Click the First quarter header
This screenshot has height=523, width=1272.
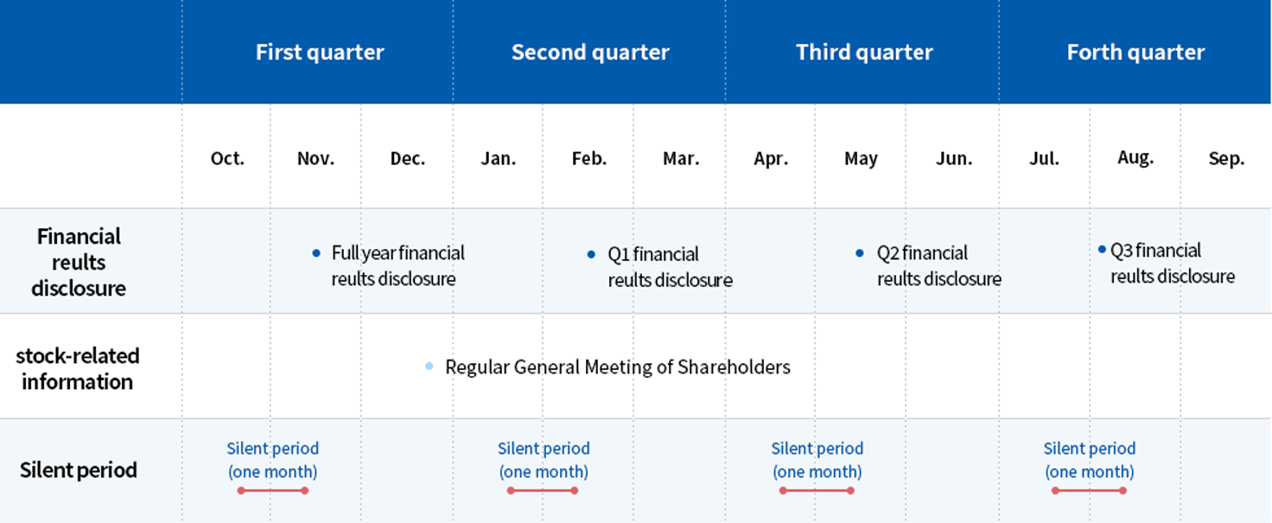[x=320, y=52]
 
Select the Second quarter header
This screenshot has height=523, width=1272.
[x=590, y=52]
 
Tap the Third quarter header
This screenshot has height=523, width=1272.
[x=864, y=52]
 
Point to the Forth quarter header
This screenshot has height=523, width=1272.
[x=1135, y=52]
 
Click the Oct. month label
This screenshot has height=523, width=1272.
[x=227, y=158]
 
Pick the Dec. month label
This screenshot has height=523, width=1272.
[x=407, y=158]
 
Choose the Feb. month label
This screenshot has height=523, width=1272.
[x=588, y=158]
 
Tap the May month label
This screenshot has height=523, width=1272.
[x=861, y=158]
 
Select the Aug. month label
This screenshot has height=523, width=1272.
[x=1135, y=157]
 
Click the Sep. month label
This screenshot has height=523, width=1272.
[x=1226, y=158]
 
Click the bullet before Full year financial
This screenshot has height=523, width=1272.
[x=316, y=253]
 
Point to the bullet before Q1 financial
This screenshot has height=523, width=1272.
[x=591, y=254]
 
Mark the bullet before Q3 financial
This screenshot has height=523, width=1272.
[x=1103, y=249]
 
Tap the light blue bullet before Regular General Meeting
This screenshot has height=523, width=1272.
[x=429, y=367]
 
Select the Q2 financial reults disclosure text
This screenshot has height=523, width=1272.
[x=938, y=265]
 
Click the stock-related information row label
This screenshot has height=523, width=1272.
[x=77, y=368]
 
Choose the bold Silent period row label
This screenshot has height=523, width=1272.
[x=79, y=470]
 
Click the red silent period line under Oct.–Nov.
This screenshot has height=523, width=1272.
[x=273, y=491]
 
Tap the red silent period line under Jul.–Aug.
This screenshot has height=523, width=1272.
[x=1089, y=491]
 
